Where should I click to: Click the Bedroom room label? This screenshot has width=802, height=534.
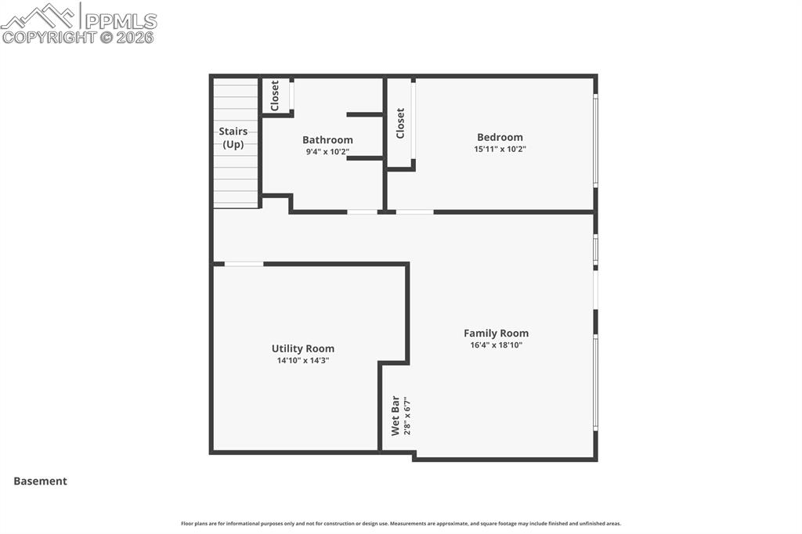point(500,137)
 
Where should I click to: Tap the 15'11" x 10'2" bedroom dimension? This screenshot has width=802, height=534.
point(500,149)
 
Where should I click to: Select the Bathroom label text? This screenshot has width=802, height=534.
point(327,140)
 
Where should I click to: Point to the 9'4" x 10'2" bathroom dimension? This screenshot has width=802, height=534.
point(327,152)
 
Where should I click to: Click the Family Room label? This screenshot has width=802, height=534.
point(496,333)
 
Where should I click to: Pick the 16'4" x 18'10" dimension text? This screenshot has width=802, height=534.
point(496,345)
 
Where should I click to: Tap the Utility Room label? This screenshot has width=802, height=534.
point(302,348)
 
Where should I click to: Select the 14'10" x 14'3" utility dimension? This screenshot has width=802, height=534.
point(302,360)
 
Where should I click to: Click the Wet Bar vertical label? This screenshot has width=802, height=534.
point(396,415)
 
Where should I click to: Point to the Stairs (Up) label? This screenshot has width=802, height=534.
point(233,138)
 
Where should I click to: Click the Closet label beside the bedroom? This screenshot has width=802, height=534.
point(400,123)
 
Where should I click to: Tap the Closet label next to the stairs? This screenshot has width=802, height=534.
point(275,96)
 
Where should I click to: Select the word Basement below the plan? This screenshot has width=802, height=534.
point(40,482)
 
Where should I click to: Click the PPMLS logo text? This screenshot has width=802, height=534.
point(120,21)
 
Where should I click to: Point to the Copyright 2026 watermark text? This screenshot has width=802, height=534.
point(78,37)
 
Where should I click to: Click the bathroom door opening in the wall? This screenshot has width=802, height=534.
point(362,211)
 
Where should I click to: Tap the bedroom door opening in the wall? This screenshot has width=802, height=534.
point(414,211)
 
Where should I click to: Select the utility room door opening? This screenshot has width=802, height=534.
point(244,264)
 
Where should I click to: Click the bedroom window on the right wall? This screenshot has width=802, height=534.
point(595,140)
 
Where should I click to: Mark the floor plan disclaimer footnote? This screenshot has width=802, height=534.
point(401,524)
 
